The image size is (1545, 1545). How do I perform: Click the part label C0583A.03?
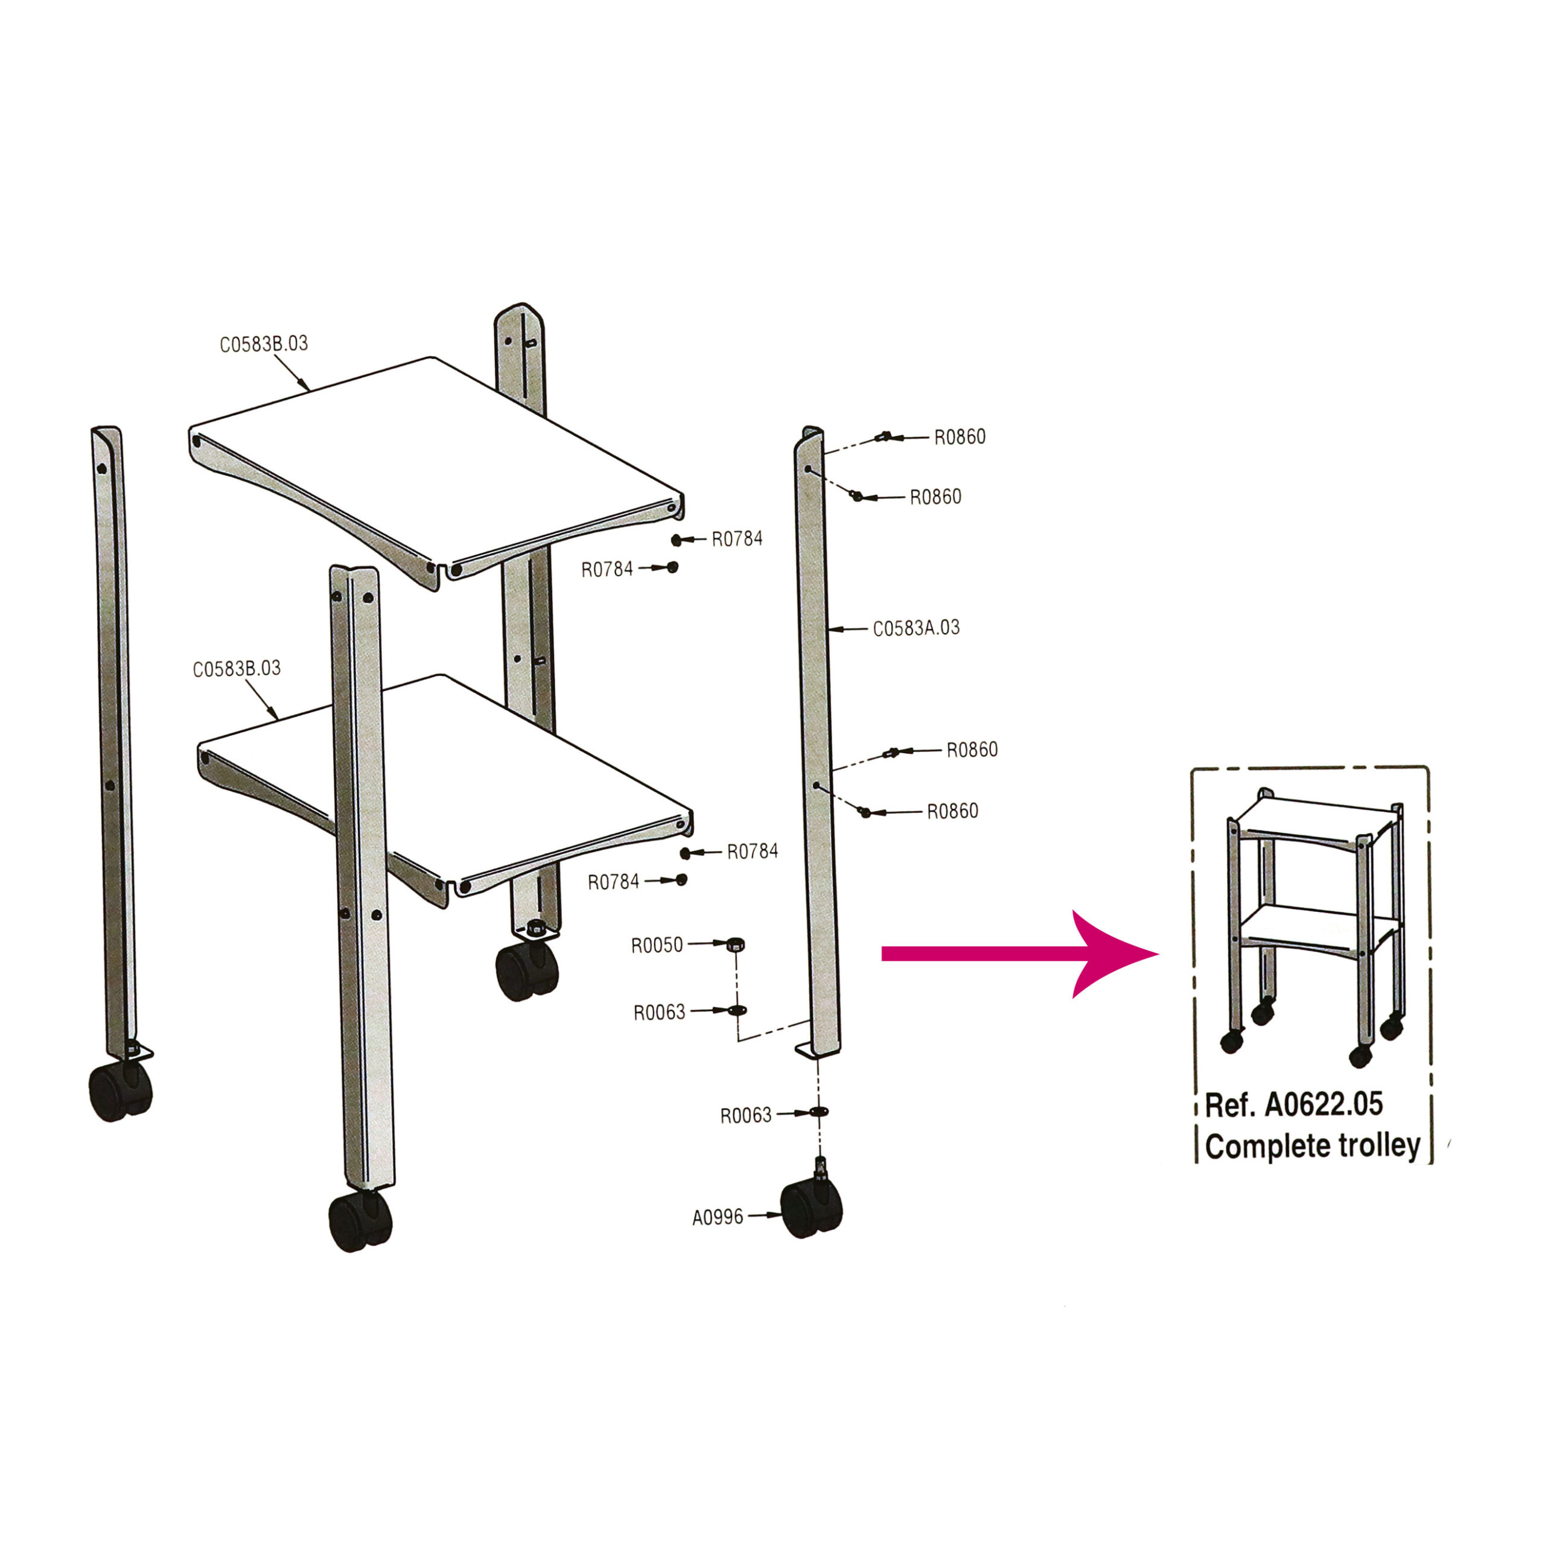916,628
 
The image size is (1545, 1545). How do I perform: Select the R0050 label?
657,945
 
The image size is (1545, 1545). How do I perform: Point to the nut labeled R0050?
736,945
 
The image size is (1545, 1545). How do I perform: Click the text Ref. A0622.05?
1294,1104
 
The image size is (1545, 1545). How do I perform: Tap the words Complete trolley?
1312,1146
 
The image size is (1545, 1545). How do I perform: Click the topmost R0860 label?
960,436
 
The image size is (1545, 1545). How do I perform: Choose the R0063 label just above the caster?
745,1115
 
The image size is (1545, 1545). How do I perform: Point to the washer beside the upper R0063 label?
736,1011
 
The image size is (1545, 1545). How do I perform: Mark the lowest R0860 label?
952,811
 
